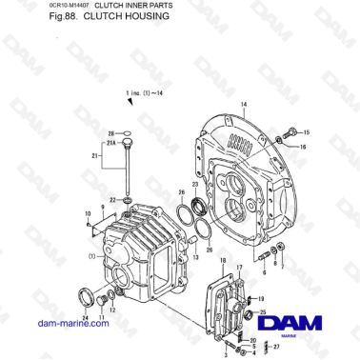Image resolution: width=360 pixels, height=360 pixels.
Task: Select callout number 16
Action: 303,148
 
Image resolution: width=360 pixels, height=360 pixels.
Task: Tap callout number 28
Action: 110,133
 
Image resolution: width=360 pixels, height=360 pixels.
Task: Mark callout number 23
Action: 195,184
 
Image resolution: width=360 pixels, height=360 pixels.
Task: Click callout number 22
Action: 111,200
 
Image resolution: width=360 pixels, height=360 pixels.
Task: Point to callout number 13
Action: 194,257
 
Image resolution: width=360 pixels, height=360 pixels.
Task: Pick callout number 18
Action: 223,261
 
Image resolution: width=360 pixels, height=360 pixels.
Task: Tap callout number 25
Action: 263,311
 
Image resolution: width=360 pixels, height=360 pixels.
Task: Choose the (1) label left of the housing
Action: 92,256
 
